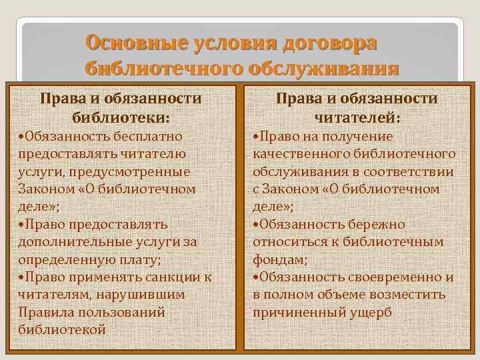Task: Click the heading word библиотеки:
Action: point(121,117)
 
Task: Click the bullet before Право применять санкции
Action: point(22,277)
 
